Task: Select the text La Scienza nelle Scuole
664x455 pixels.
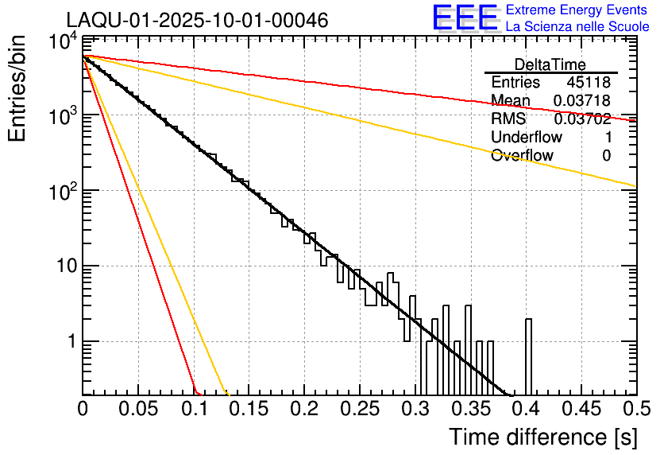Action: coord(577,27)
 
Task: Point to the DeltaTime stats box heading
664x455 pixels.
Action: coord(550,64)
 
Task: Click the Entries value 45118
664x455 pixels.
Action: coord(589,83)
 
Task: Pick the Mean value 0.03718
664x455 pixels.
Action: coord(582,101)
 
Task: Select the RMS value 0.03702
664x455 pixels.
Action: coord(582,119)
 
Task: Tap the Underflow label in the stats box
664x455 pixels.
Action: coord(526,138)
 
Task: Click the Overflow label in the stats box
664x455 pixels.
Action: coord(522,156)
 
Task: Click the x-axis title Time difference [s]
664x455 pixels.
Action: coord(542,437)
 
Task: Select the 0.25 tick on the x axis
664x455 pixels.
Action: coord(359,409)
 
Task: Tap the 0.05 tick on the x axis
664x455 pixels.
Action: coord(137,409)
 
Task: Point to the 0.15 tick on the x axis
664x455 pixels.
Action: coord(249,409)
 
